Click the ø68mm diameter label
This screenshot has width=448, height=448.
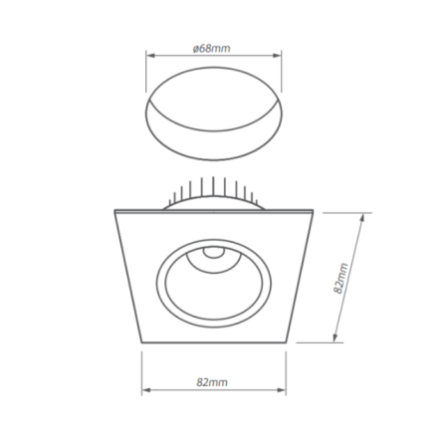213,48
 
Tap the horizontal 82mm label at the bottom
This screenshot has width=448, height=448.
213,381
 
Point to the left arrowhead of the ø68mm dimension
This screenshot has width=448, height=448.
148,56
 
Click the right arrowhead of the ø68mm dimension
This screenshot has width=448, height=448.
280,56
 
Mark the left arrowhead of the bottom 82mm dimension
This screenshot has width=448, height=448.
144,389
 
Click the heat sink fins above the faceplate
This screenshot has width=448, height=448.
212,192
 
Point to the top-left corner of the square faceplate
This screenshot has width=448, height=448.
115,211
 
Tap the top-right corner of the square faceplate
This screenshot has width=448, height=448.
312,211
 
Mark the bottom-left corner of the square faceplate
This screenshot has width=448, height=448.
143,341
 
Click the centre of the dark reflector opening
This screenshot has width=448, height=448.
212,284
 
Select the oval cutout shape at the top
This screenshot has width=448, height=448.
213,112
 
